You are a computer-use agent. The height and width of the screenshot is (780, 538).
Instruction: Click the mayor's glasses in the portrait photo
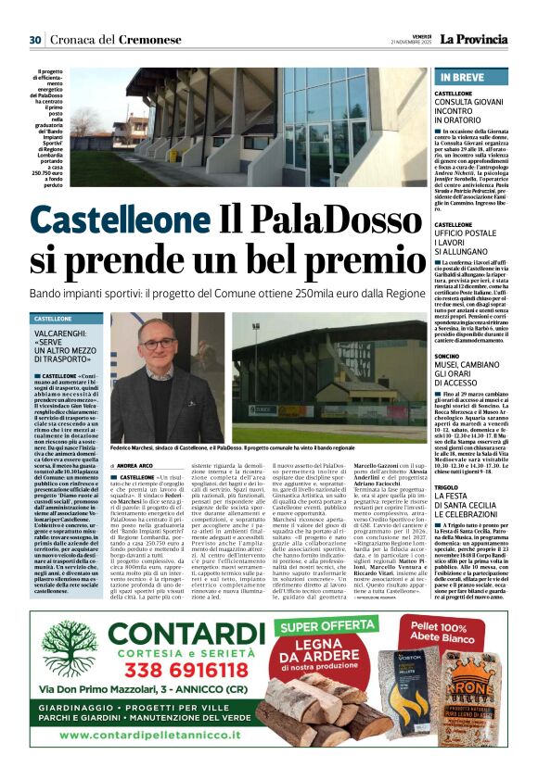point(158,344)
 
